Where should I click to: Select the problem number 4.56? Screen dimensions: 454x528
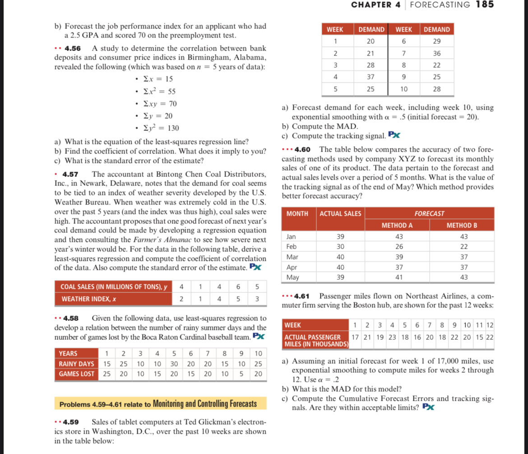coord(73,48)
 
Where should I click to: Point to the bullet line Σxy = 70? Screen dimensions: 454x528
coord(160,104)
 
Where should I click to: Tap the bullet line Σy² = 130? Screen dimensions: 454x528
coord(161,128)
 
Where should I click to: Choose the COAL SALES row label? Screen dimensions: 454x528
coord(114,287)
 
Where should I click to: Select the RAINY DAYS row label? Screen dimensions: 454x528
coord(76,363)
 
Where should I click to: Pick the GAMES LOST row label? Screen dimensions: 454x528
coord(76,374)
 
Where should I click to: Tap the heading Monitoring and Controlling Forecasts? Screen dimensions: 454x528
coord(205,403)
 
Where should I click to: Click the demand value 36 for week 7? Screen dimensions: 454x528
coord(437,53)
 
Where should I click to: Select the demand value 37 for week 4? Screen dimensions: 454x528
coord(371,77)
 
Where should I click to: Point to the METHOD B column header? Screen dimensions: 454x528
coord(462,225)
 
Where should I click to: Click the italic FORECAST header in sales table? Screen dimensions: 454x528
coord(429,213)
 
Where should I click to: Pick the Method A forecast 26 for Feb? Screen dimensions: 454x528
coord(397,246)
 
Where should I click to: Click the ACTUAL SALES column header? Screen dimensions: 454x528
coord(340,213)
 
